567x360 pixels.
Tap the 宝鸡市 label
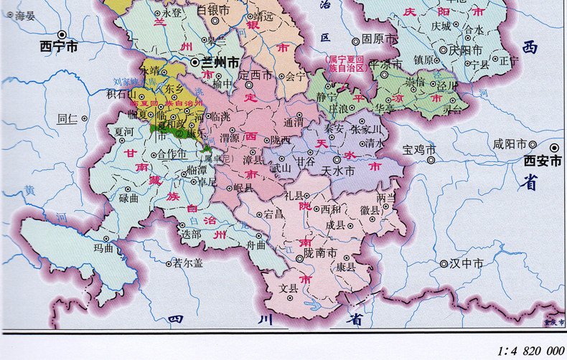418,150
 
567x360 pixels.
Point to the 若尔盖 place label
189,263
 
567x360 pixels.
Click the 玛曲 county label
103,249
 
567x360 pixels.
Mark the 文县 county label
288,289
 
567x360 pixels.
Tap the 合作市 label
172,154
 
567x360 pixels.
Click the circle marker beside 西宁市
62,34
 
